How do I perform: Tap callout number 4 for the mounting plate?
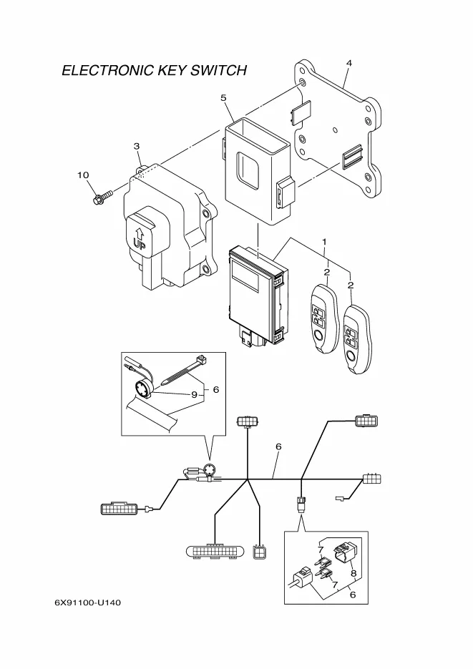pyautogui.click(x=348, y=64)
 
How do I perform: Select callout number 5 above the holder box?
pyautogui.click(x=223, y=97)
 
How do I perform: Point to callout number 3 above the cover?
pyautogui.click(x=136, y=146)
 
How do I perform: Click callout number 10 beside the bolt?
pyautogui.click(x=83, y=175)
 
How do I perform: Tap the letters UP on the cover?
pyautogui.click(x=139, y=243)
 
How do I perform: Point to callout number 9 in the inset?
pyautogui.click(x=192, y=394)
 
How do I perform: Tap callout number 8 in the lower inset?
pyautogui.click(x=353, y=572)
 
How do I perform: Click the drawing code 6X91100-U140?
pyautogui.click(x=88, y=602)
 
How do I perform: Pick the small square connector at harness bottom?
pyautogui.click(x=260, y=553)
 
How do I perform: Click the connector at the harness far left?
pyautogui.click(x=120, y=509)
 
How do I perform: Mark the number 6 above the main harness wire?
pyautogui.click(x=278, y=446)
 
